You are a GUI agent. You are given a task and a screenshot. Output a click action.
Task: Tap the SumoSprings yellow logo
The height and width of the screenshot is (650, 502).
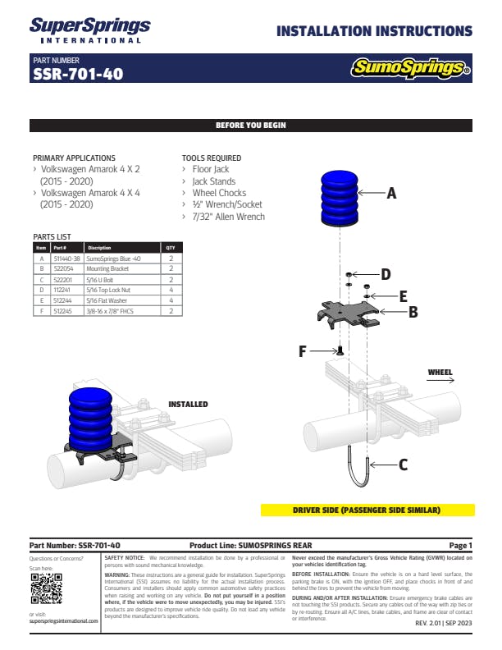(x=410, y=68)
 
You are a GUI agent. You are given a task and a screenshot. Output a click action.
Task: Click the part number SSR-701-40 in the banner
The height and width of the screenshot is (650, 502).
(x=78, y=74)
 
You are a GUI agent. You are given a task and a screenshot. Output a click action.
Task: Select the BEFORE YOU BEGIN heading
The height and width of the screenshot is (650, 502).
(x=250, y=126)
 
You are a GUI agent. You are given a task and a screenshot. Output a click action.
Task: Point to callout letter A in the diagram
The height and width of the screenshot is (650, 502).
(x=391, y=194)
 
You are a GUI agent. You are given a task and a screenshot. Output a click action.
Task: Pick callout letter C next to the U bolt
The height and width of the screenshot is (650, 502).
(x=403, y=465)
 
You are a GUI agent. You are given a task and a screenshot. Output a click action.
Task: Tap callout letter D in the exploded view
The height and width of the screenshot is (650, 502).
(x=386, y=274)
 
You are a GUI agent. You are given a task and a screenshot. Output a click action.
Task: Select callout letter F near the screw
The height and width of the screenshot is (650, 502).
(x=303, y=351)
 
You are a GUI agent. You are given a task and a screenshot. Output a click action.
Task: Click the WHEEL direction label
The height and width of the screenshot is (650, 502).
(x=440, y=373)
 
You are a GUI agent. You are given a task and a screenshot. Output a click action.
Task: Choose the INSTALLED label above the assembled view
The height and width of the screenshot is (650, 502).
(x=188, y=405)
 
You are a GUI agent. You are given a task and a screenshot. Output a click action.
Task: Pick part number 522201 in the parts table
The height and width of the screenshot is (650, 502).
(x=63, y=278)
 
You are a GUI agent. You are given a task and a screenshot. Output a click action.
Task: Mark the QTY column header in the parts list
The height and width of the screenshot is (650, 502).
(x=170, y=247)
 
